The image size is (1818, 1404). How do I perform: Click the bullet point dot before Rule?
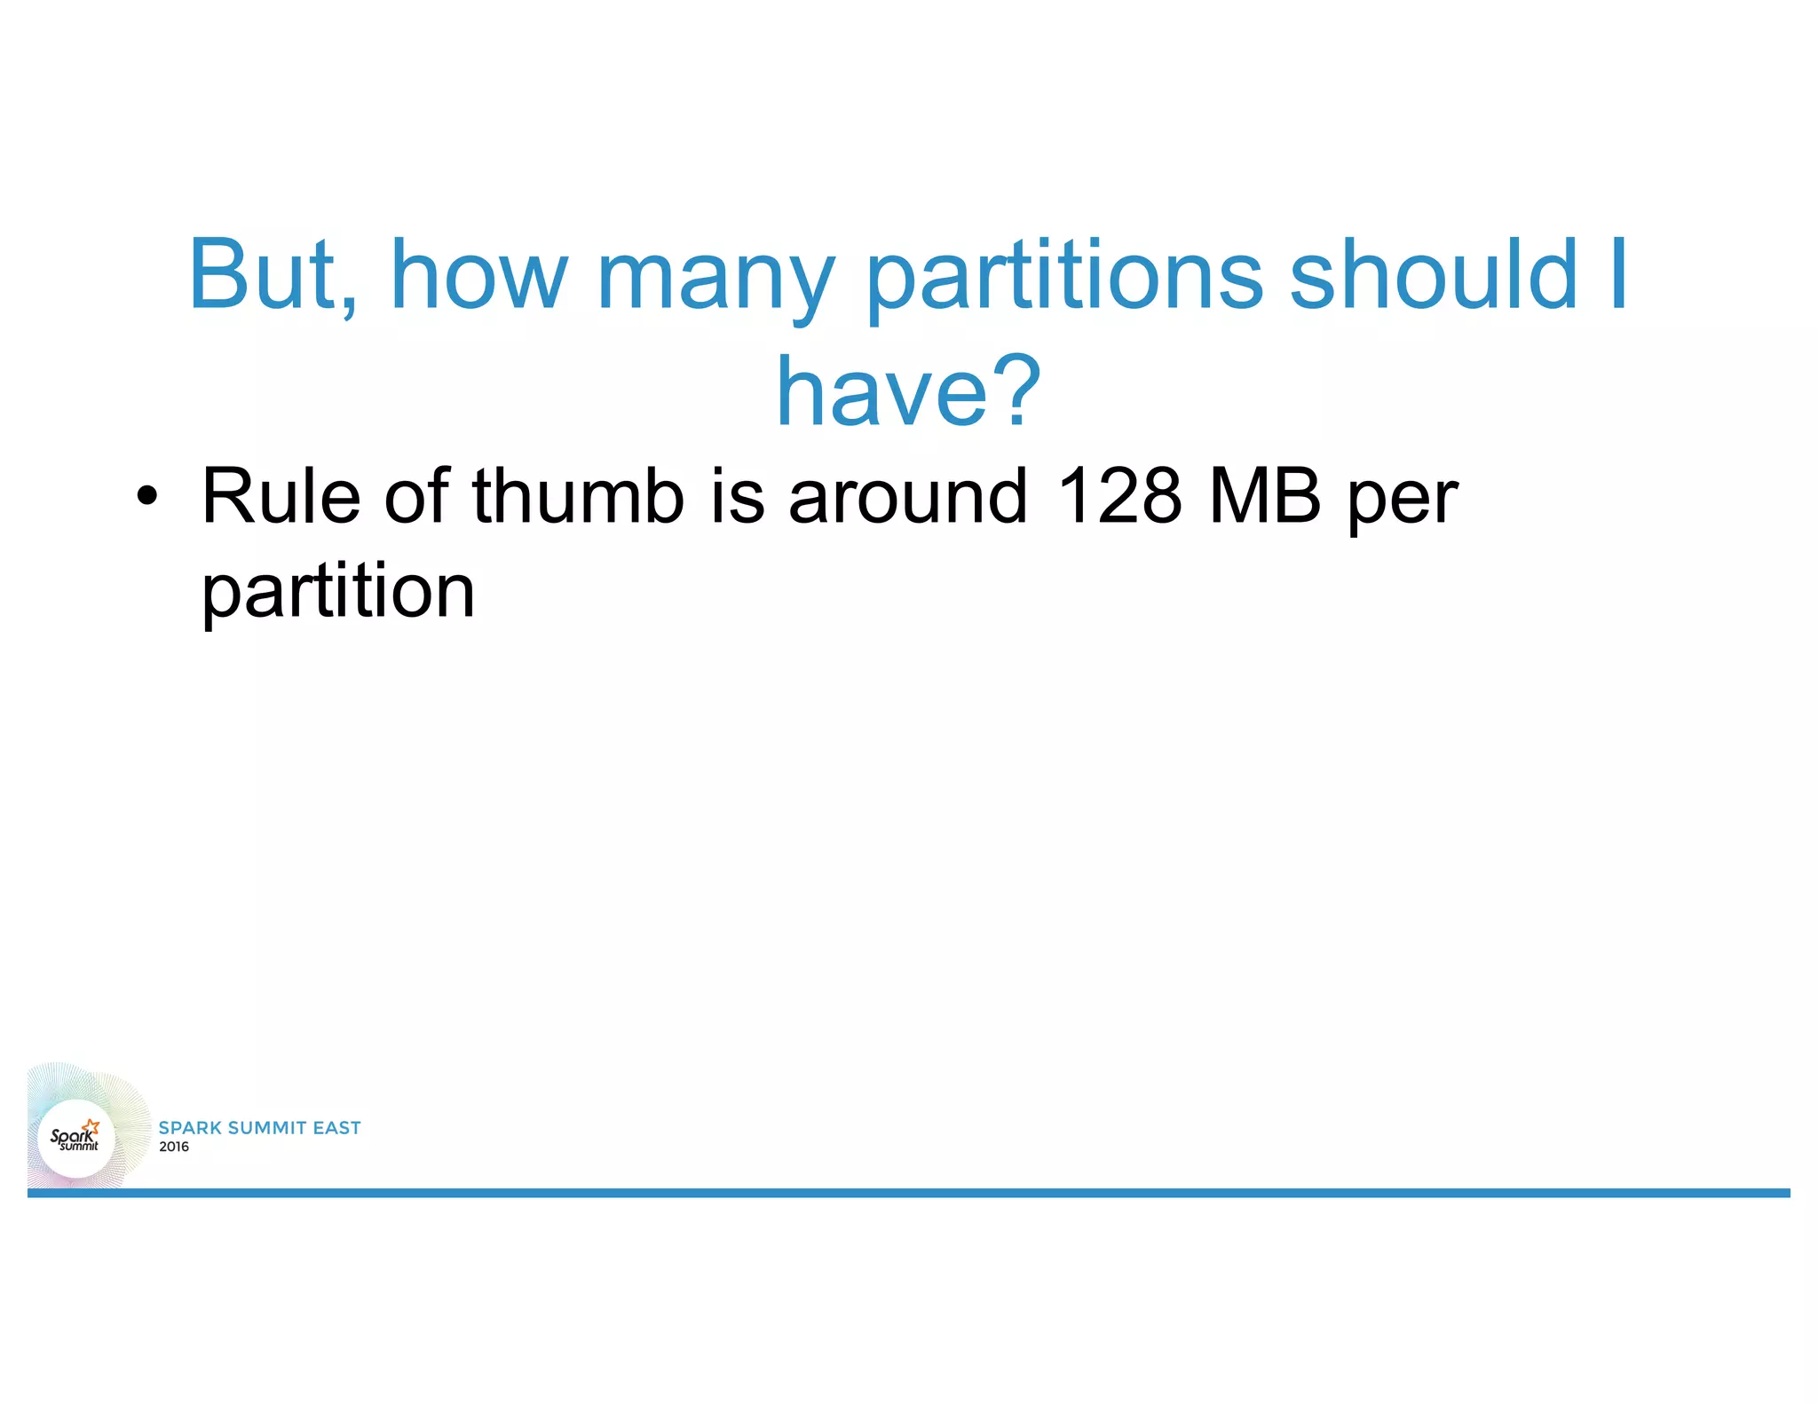point(146,497)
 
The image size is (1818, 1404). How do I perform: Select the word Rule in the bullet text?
point(281,497)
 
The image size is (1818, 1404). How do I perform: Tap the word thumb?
point(578,497)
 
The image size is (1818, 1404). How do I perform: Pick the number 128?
point(1119,497)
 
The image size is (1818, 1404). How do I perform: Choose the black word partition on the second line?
point(338,593)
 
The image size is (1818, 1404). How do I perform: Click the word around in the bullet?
point(907,497)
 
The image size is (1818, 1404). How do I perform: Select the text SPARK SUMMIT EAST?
point(259,1128)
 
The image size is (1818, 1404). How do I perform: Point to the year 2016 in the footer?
point(174,1147)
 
